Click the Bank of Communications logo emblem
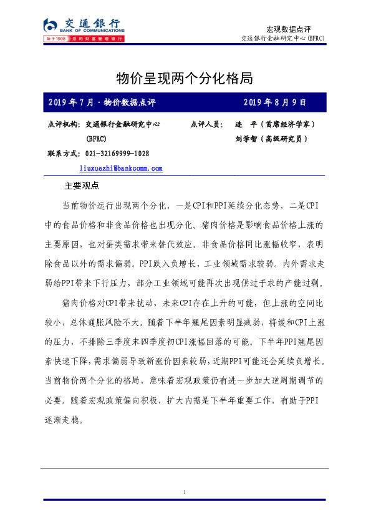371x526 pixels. tap(50, 25)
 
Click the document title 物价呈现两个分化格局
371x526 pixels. tap(185, 78)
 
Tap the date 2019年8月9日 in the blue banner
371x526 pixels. tap(274, 102)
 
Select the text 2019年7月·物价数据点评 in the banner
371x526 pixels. tap(101, 102)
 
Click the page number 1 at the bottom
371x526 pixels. tap(185, 493)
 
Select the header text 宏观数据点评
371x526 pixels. tap(288, 29)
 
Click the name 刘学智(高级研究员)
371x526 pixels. tap(271, 139)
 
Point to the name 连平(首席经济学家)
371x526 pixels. tap(277, 125)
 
